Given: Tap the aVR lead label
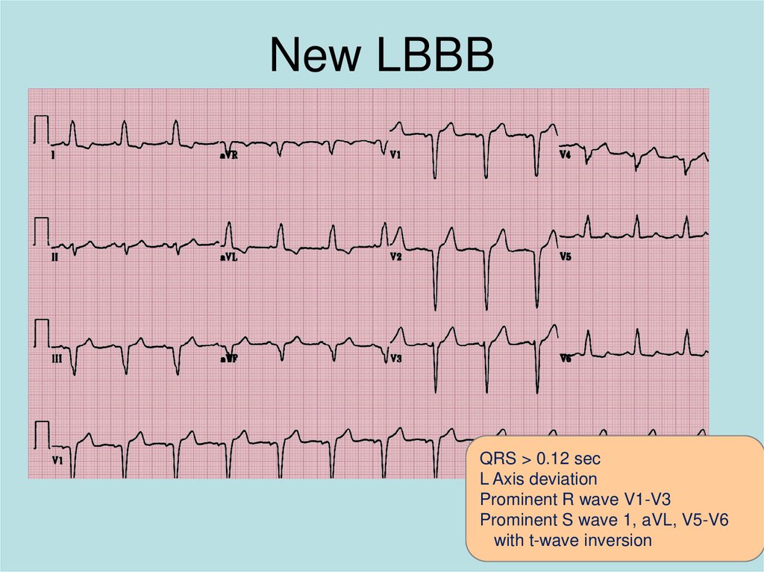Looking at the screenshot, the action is (228, 155).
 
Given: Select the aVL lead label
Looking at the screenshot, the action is (228, 257).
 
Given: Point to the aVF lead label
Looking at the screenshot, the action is (228, 359).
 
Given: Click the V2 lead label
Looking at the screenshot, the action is (395, 257).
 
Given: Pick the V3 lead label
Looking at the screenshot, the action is (395, 359).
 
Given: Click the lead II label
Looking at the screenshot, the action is (54, 257).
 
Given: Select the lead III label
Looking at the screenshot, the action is (56, 359).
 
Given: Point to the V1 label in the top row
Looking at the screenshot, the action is (395, 155).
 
